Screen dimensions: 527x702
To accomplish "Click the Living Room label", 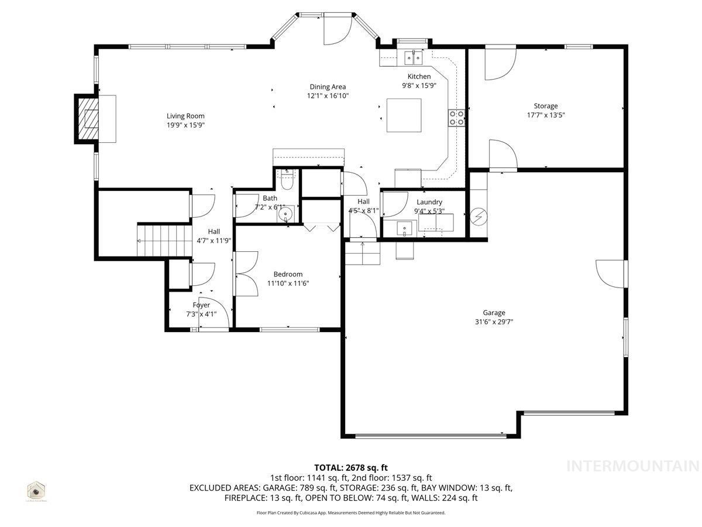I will pyautogui.click(x=185, y=116).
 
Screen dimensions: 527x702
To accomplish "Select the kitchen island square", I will pyautogui.click(x=404, y=116).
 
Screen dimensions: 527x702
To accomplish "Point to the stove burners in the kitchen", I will pyautogui.click(x=457, y=118).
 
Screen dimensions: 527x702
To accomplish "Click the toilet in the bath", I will pyautogui.click(x=287, y=180).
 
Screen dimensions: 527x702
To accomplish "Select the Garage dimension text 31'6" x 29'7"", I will pyautogui.click(x=494, y=321).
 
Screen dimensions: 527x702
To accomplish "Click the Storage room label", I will pyautogui.click(x=545, y=106).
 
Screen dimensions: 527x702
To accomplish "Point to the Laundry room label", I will pyautogui.click(x=429, y=202).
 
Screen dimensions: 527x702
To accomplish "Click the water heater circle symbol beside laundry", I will pyautogui.click(x=478, y=217).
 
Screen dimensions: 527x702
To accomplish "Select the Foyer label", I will pyautogui.click(x=201, y=305).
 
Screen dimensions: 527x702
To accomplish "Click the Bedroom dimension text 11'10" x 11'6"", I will pyautogui.click(x=288, y=283).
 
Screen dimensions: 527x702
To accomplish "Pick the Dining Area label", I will pyautogui.click(x=328, y=87).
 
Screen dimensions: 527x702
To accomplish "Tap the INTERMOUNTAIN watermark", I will pyautogui.click(x=633, y=466).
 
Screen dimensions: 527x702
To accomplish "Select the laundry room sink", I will pyautogui.click(x=404, y=228).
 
